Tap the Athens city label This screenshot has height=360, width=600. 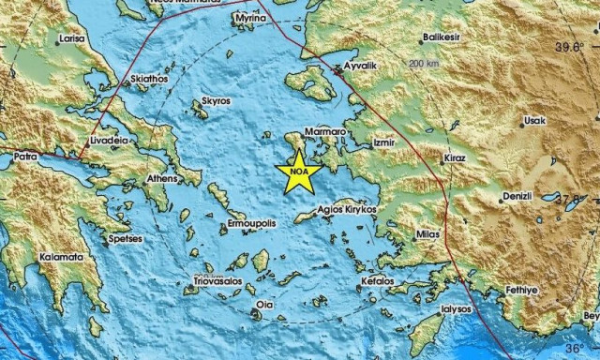coord(161,178)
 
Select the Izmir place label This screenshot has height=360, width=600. coord(385,142)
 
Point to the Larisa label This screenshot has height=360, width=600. coord(70,39)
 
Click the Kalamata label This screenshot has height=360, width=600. coord(60,257)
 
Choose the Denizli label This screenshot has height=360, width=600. coord(517,197)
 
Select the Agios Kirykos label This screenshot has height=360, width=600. coord(347,210)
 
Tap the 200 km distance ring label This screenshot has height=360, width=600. coord(423,63)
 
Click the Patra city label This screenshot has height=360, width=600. coord(23,157)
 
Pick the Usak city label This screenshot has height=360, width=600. coord(534,121)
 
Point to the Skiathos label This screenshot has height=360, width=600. coord(149,80)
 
